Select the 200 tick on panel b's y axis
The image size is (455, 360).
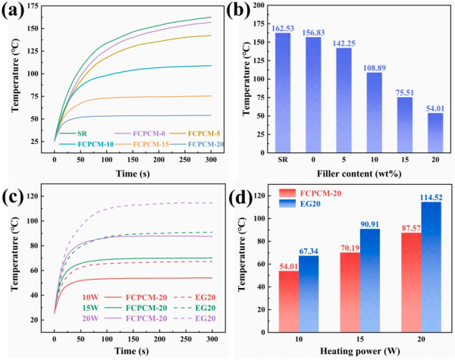click(x=256, y=5)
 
